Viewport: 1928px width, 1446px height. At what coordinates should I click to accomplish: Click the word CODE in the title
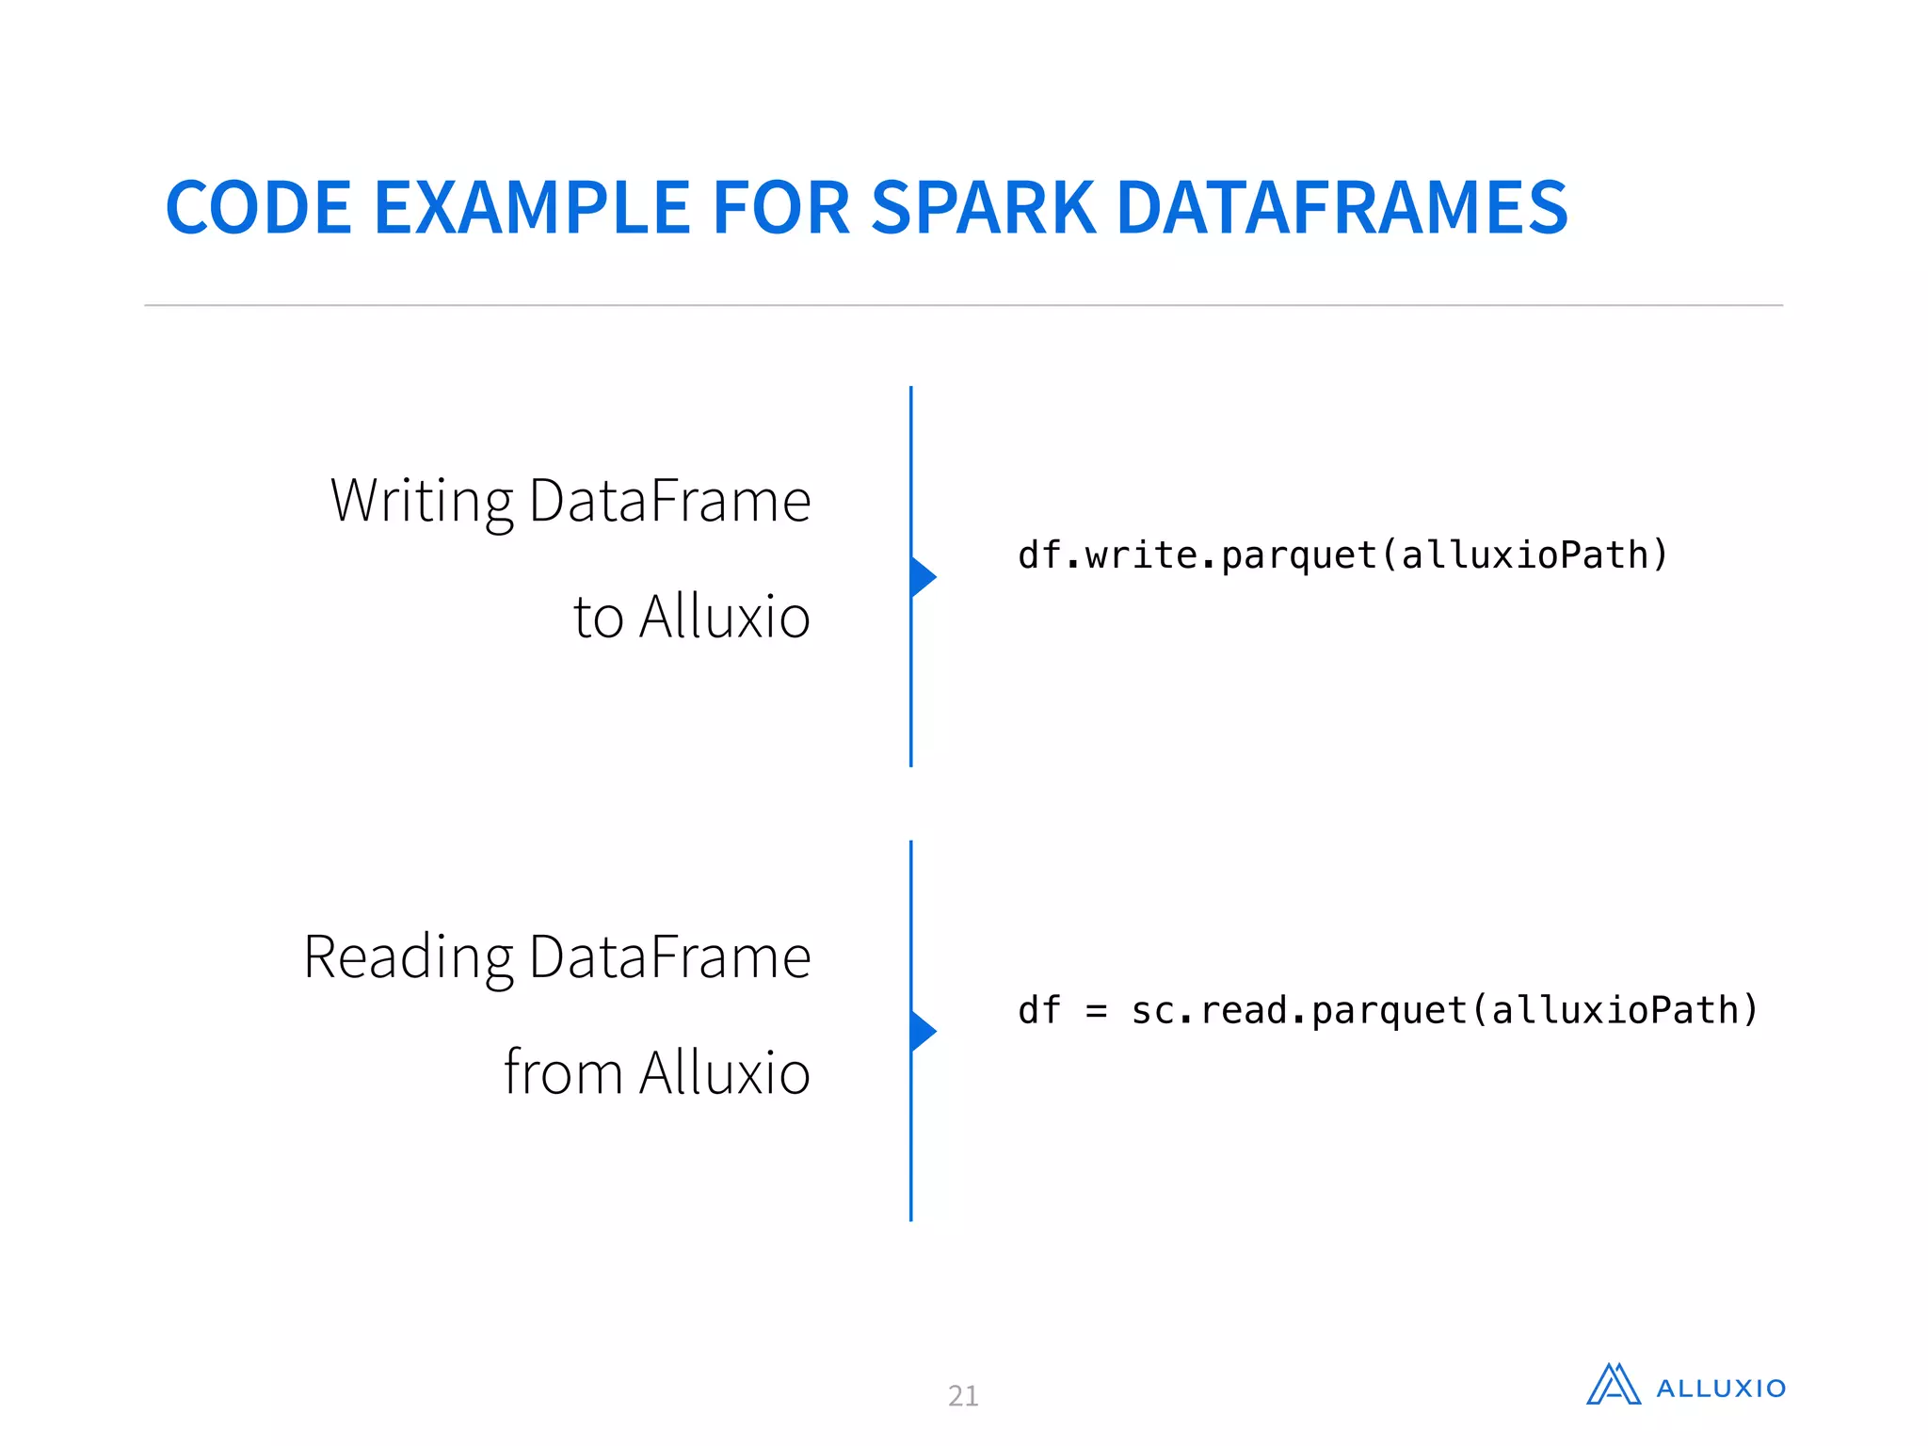pyautogui.click(x=258, y=208)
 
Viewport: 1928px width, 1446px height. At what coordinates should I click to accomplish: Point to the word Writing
pyautogui.click(x=422, y=501)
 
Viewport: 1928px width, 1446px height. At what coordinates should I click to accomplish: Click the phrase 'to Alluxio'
pyautogui.click(x=692, y=618)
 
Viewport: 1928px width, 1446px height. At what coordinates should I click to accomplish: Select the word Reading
pyautogui.click(x=408, y=957)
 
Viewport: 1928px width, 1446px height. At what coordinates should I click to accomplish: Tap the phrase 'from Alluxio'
pyautogui.click(x=657, y=1073)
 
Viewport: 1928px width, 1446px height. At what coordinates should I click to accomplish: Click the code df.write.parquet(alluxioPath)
pyautogui.click(x=1342, y=555)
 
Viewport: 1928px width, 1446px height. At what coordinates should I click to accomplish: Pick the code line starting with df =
pyautogui.click(x=1388, y=1011)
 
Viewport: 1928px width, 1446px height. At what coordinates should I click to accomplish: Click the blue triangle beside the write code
pyautogui.click(x=923, y=577)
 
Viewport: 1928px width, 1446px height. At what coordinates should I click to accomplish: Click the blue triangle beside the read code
pyautogui.click(x=923, y=1032)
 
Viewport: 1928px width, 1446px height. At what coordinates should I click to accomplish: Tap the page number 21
pyautogui.click(x=963, y=1395)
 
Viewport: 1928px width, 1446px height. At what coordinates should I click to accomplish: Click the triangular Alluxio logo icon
pyautogui.click(x=1614, y=1385)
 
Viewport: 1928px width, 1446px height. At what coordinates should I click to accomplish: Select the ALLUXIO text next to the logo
pyautogui.click(x=1721, y=1389)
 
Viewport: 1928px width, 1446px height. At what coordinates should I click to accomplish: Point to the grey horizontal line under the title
pyautogui.click(x=963, y=305)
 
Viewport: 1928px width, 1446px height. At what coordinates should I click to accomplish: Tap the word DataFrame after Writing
pyautogui.click(x=669, y=501)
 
